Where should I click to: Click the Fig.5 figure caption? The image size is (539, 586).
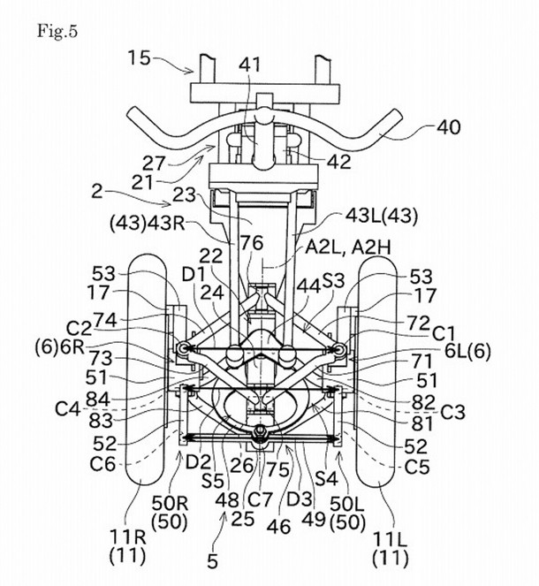(x=57, y=31)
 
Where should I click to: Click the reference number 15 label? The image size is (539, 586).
(x=139, y=58)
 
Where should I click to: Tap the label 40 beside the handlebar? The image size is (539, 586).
(x=449, y=127)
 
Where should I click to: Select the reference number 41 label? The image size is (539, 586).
(x=249, y=65)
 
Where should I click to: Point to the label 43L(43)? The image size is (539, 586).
(x=381, y=216)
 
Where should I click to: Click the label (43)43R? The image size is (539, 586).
(x=148, y=223)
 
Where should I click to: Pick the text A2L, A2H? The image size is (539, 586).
(x=348, y=247)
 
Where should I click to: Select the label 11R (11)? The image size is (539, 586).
(x=127, y=547)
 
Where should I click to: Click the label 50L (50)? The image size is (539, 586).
(x=347, y=514)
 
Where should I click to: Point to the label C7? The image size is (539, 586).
(x=260, y=499)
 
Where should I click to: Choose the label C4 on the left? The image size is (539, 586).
(x=68, y=409)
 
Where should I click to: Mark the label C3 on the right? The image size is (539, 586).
(x=452, y=412)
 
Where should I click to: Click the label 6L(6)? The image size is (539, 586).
(x=467, y=351)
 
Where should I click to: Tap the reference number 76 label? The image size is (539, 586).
(x=252, y=243)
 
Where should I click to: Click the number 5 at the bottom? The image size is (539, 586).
(x=212, y=561)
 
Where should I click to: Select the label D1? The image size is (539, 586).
(x=194, y=275)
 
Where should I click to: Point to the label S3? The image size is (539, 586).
(x=333, y=280)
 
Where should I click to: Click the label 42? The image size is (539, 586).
(x=339, y=162)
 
